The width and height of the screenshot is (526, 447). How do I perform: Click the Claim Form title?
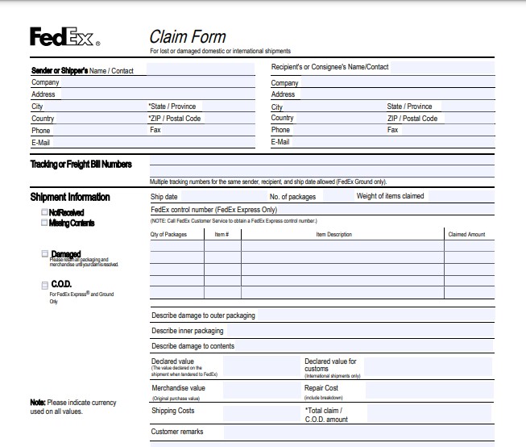coord(188,36)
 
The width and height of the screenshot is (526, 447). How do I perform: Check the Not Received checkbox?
coord(44,213)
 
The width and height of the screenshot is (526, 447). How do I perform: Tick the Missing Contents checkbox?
coord(44,223)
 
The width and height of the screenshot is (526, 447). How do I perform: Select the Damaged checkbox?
coord(44,254)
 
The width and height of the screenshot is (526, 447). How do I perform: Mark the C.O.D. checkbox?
coord(44,285)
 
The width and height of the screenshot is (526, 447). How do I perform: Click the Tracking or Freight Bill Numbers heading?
coord(81,164)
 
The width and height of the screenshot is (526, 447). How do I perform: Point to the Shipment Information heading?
coord(70,197)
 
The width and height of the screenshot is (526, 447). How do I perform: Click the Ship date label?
coord(164,196)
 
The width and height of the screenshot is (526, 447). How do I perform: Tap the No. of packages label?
coord(292,196)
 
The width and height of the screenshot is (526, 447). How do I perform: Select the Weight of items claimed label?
coord(390,196)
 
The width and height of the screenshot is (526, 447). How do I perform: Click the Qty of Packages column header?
coord(168,235)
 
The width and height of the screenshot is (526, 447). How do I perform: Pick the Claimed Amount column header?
coord(466,235)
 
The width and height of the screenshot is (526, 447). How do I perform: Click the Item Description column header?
coord(333,235)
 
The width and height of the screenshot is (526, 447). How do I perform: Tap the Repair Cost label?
coord(321,388)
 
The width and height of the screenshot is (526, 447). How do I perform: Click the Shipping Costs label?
coord(172,411)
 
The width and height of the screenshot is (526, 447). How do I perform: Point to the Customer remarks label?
coord(177,432)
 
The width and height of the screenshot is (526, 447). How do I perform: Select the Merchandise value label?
coord(178,388)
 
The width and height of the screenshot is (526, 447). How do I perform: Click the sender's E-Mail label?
coord(40,143)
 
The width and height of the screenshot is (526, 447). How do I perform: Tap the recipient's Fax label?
coord(393,130)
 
